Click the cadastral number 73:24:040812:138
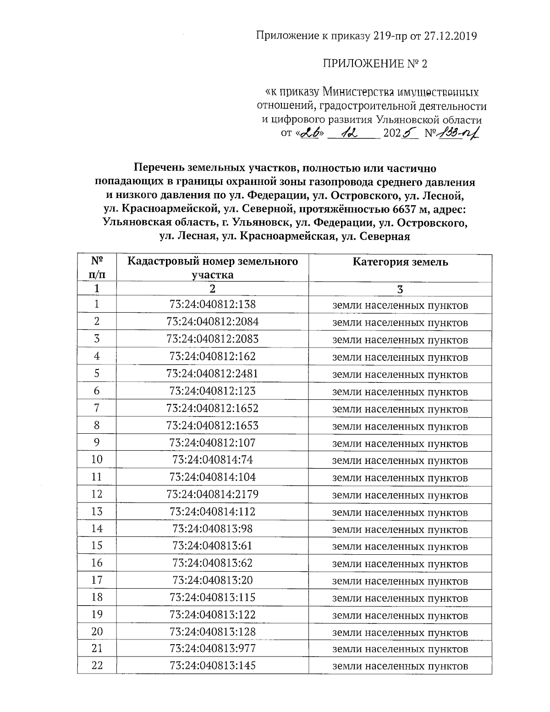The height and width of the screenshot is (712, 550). [x=212, y=304]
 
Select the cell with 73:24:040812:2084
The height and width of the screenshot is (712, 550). [x=212, y=322]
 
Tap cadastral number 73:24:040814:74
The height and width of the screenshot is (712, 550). [x=212, y=460]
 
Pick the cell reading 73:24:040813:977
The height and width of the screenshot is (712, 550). [x=212, y=649]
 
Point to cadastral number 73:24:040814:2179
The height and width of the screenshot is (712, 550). [x=212, y=494]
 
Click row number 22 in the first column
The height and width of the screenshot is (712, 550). [x=97, y=666]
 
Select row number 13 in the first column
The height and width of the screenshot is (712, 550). [x=97, y=511]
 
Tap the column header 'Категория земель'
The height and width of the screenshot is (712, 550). [x=400, y=262]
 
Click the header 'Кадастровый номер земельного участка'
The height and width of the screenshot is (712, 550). [x=212, y=268]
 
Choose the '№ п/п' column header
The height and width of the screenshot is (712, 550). [x=97, y=268]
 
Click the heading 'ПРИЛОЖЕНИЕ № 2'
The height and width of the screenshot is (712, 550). [x=375, y=64]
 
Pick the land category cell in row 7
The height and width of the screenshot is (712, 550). [x=400, y=409]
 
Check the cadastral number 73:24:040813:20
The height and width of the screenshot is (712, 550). [x=212, y=580]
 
